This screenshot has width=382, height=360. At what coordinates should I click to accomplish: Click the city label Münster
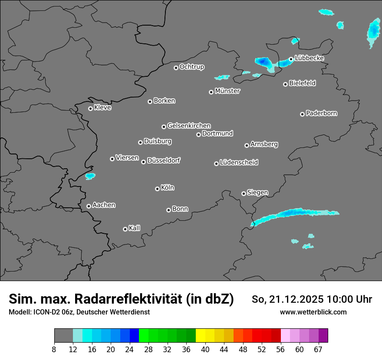click(227, 91)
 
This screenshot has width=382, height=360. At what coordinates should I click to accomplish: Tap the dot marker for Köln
click(157, 189)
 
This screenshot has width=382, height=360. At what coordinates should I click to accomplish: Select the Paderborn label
click(321, 113)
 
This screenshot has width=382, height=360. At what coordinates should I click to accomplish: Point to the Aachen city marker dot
click(89, 206)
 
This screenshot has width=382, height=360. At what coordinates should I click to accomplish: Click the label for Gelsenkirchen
click(189, 126)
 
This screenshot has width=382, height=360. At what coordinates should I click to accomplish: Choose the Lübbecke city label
click(309, 58)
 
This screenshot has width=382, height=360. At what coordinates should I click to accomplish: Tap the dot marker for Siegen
click(244, 193)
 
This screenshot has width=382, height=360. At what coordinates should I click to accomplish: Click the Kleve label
click(102, 108)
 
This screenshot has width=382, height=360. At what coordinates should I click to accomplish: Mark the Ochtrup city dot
click(176, 68)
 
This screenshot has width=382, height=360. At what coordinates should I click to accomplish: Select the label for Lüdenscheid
click(239, 163)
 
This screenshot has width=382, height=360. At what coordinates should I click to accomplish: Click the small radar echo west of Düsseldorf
click(90, 176)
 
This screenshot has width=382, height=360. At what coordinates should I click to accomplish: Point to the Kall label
click(134, 228)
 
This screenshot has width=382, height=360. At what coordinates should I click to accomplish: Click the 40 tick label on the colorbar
click(205, 350)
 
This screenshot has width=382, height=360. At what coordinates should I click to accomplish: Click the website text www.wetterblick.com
click(313, 312)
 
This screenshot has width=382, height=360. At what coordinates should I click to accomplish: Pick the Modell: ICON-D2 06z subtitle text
click(42, 312)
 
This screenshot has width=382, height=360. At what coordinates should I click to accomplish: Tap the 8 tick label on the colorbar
click(54, 350)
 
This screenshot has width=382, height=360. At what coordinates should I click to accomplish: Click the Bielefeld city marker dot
click(285, 84)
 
